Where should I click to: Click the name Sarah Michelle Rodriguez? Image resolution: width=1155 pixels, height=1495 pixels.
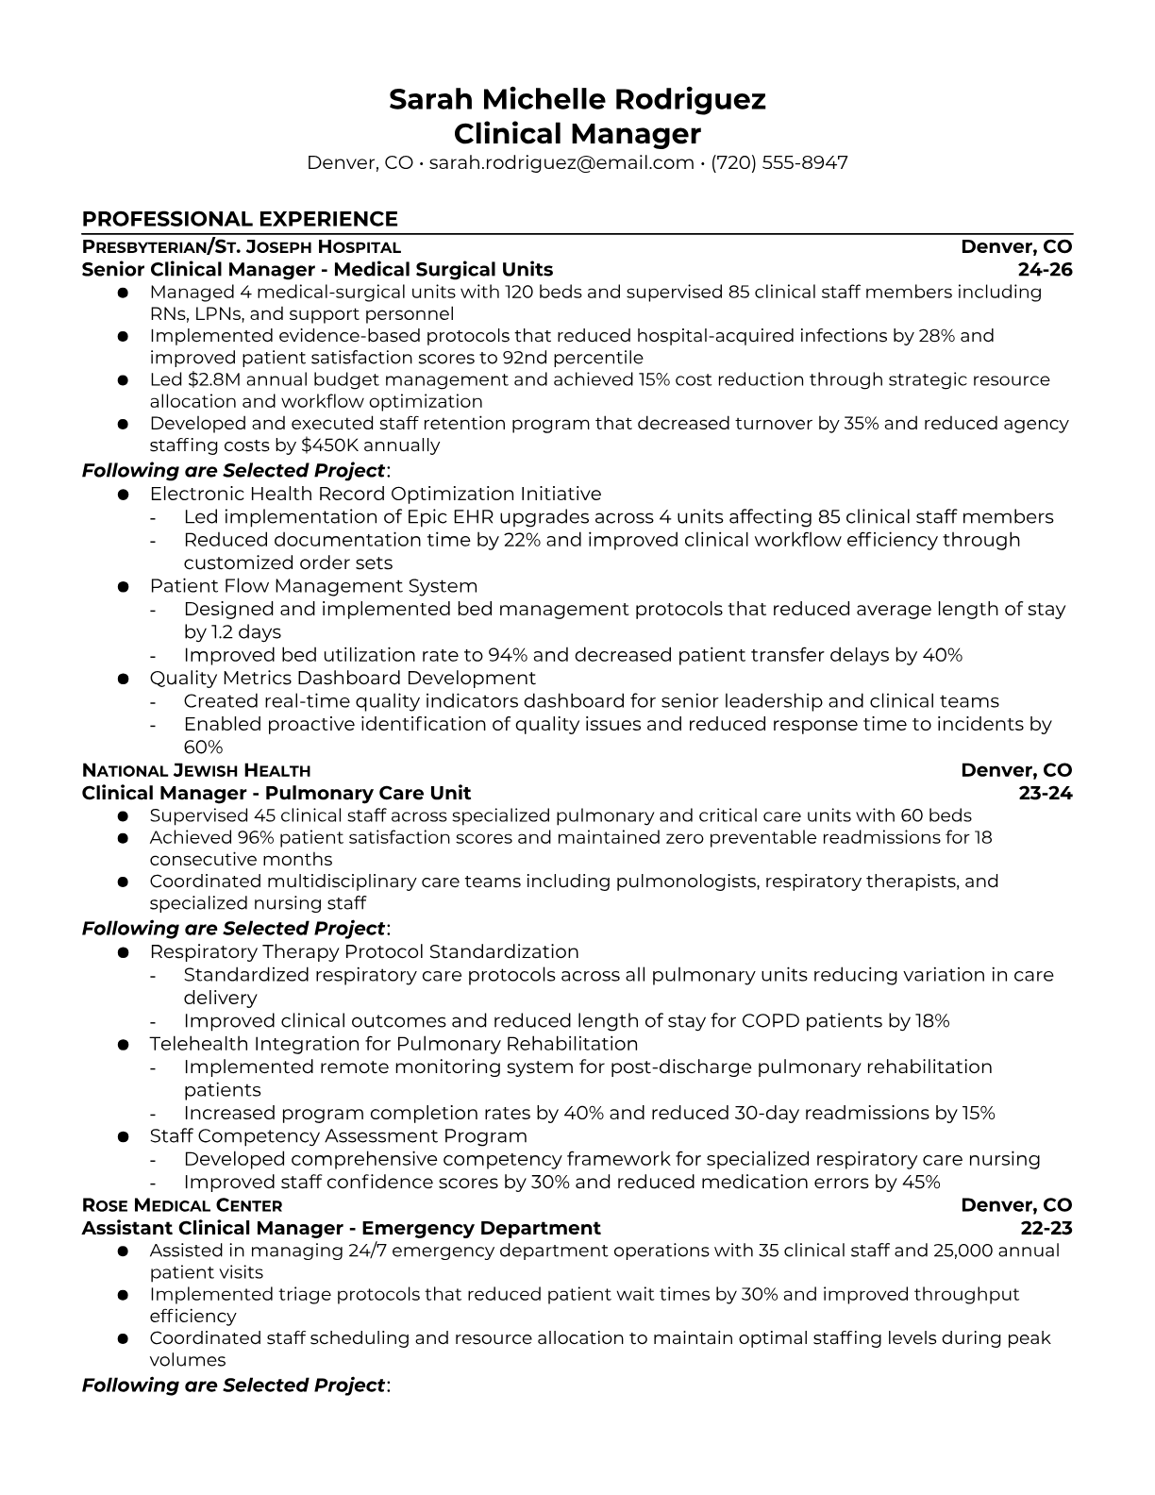577,99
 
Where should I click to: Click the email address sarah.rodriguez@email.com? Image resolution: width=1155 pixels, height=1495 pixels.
561,162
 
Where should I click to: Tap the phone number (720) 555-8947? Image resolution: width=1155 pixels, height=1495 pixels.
778,162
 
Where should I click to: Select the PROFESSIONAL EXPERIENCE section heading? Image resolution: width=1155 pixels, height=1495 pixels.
240,219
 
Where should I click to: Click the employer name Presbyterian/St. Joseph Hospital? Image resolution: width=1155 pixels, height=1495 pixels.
241,247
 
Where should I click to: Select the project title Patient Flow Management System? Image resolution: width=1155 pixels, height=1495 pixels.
313,586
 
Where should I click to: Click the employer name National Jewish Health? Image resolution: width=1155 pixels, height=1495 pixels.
196,770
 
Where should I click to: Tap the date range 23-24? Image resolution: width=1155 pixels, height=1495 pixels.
1046,793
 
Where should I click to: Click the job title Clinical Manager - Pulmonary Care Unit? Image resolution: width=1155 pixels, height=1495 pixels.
276,793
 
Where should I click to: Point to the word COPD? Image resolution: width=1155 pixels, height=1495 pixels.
765,1020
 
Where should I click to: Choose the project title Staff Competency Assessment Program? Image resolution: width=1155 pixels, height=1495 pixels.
338,1135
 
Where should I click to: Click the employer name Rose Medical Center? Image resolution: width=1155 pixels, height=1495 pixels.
182,1205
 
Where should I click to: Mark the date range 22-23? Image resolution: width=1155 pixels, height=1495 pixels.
1046,1228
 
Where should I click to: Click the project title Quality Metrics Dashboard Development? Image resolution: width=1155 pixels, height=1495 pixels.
343,678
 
